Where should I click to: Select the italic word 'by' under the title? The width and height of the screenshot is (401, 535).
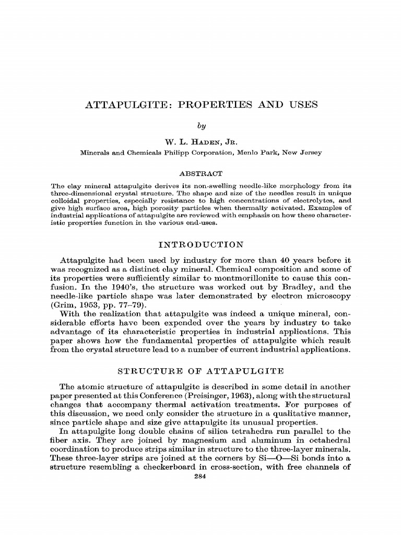pos(200,125)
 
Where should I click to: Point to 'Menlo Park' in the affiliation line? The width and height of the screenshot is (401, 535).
pos(258,153)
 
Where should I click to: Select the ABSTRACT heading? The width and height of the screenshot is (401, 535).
pos(200,173)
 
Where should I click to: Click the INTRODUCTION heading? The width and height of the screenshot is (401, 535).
pos(200,244)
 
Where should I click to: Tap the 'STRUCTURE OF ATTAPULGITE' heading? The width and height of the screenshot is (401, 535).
pos(200,371)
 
